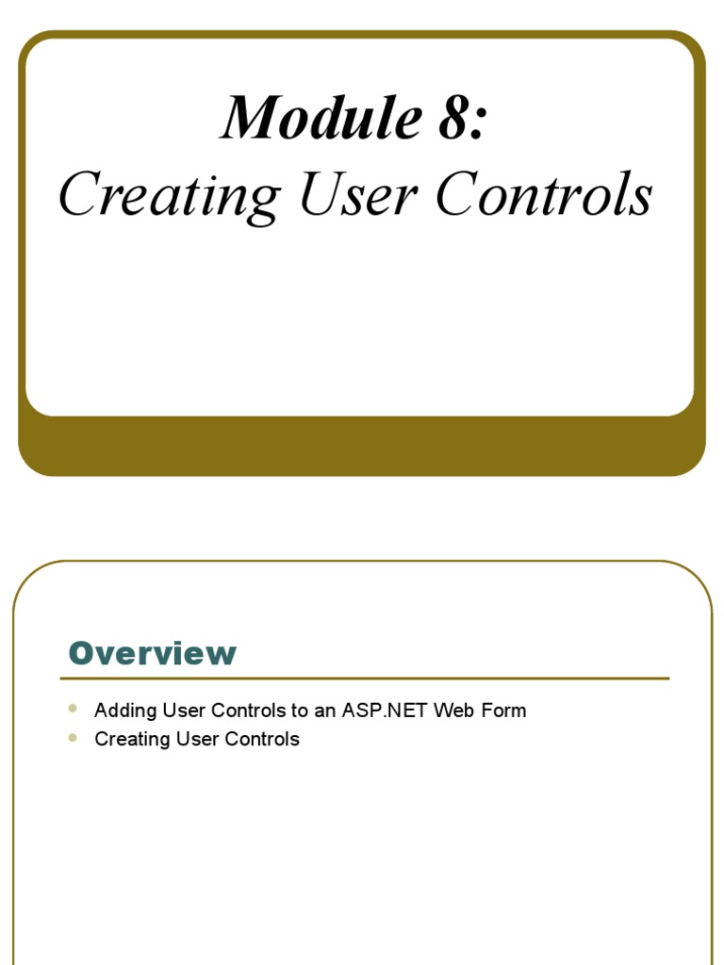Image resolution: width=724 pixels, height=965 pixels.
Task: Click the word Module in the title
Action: coord(311,119)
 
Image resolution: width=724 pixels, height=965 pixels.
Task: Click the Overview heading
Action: coord(153,653)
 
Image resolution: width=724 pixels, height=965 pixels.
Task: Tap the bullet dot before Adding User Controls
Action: coord(74,708)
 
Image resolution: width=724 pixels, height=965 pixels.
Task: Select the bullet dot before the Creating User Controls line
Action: coord(74,737)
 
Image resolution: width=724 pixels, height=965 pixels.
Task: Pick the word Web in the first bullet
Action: coord(454,711)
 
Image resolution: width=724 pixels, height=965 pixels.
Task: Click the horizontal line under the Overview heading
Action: coord(364,678)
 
